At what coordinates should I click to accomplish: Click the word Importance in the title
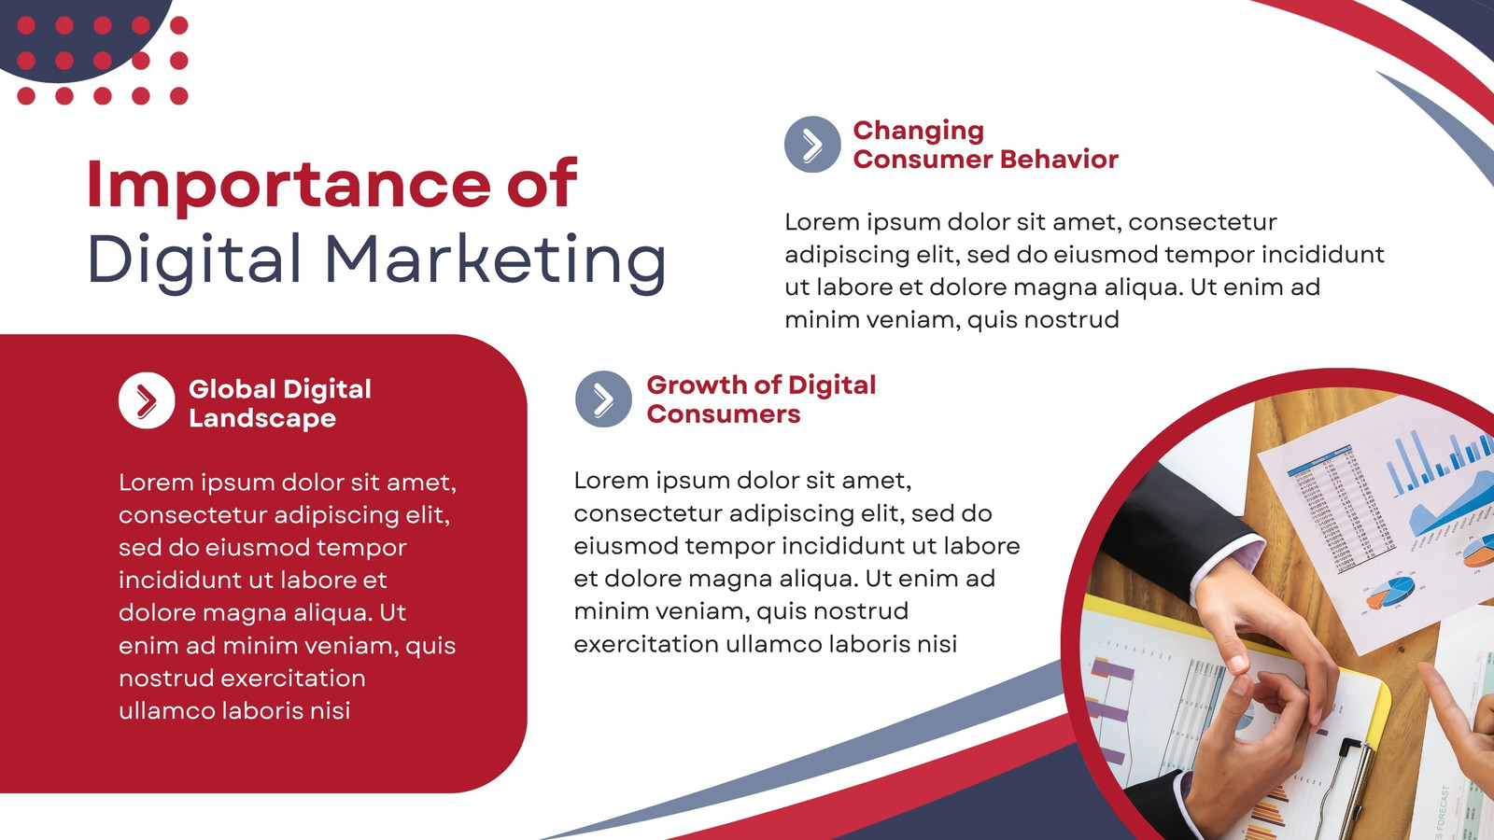pyautogui.click(x=289, y=187)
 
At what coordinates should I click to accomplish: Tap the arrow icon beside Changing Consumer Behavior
pyautogui.click(x=812, y=144)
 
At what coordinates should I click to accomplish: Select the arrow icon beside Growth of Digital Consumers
pyautogui.click(x=603, y=399)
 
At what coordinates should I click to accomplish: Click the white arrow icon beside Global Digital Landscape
pyautogui.click(x=147, y=400)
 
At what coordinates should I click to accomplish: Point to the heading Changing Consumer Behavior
pyautogui.click(x=985, y=145)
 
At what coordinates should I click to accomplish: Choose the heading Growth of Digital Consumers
pyautogui.click(x=761, y=399)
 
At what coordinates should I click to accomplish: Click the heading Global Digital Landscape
pyautogui.click(x=280, y=403)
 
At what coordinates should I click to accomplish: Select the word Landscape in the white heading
pyautogui.click(x=262, y=419)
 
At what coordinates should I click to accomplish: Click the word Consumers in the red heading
pyautogui.click(x=723, y=414)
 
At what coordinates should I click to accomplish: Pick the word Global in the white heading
pyautogui.click(x=233, y=389)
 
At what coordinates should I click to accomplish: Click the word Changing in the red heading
pyautogui.click(x=919, y=132)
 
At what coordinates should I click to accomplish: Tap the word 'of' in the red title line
pyautogui.click(x=543, y=185)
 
